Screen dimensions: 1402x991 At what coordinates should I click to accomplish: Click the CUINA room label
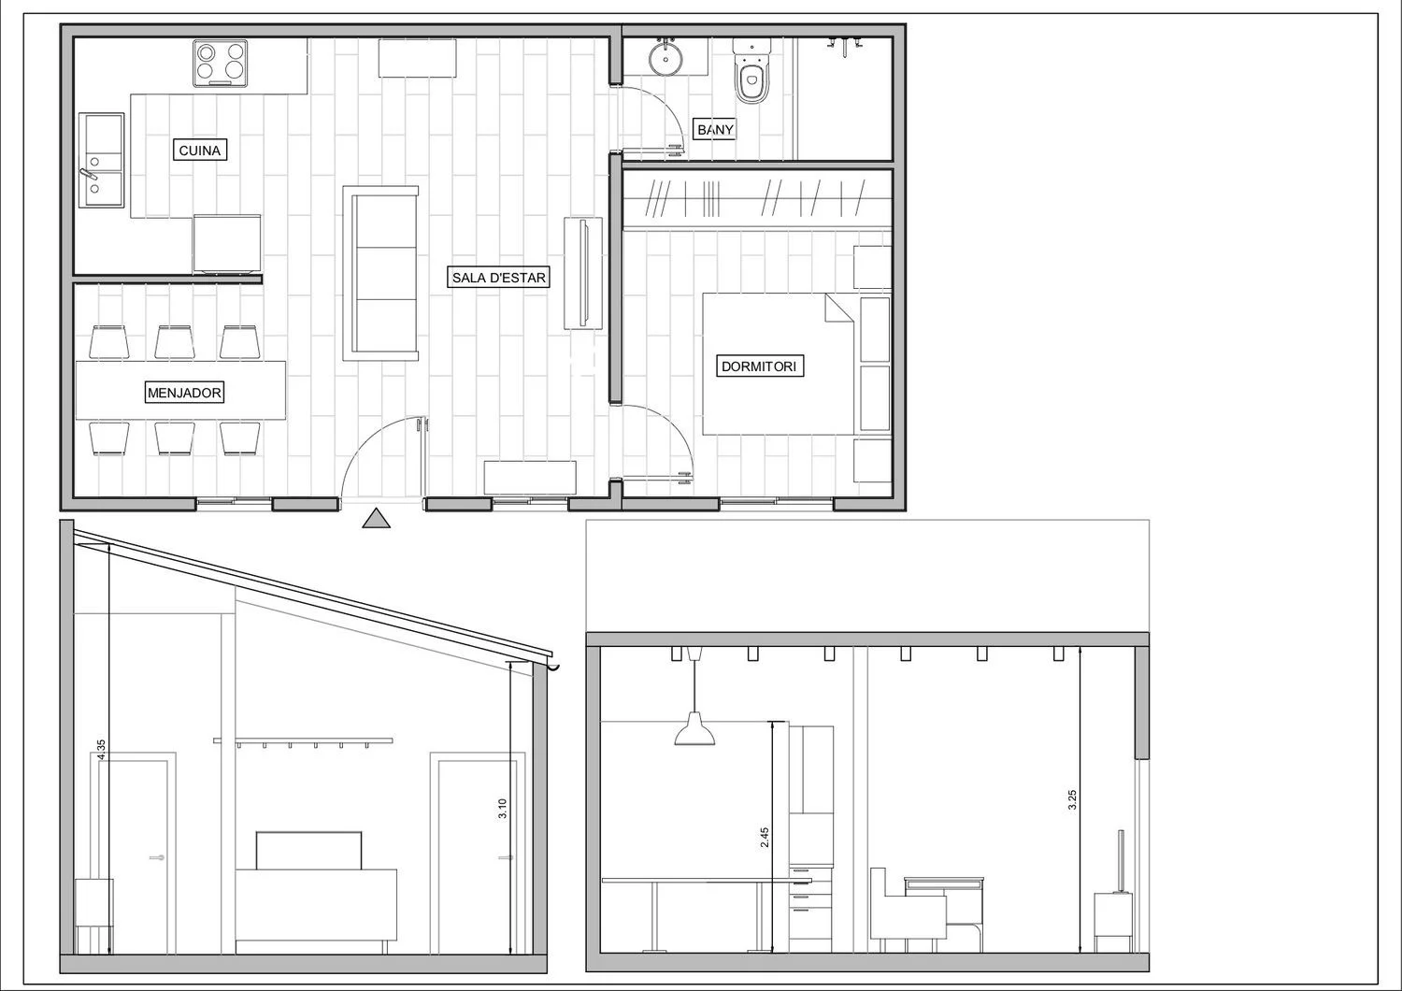[x=200, y=151]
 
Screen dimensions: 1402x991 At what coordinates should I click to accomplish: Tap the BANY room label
[x=715, y=130]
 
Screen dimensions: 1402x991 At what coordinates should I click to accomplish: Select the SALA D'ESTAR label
[x=499, y=278]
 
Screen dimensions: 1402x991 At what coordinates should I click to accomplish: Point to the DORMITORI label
[x=759, y=366]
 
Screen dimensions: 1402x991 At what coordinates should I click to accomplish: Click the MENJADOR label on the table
[x=184, y=394]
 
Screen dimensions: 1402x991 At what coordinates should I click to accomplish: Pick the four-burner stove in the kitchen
[x=220, y=64]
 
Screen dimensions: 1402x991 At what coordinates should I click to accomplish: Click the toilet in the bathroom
[x=751, y=71]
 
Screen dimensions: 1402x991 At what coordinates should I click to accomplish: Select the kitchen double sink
[x=101, y=160]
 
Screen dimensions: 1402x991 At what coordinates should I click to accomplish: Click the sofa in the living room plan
[x=380, y=273]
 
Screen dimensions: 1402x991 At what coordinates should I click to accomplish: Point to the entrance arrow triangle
[x=376, y=518]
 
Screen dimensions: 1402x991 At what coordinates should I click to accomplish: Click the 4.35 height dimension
[x=101, y=750]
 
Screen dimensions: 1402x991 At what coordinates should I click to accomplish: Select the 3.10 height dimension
[x=502, y=808]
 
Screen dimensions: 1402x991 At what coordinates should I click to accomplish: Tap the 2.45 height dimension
[x=765, y=838]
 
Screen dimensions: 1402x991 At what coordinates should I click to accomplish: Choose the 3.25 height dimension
[x=1071, y=800]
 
